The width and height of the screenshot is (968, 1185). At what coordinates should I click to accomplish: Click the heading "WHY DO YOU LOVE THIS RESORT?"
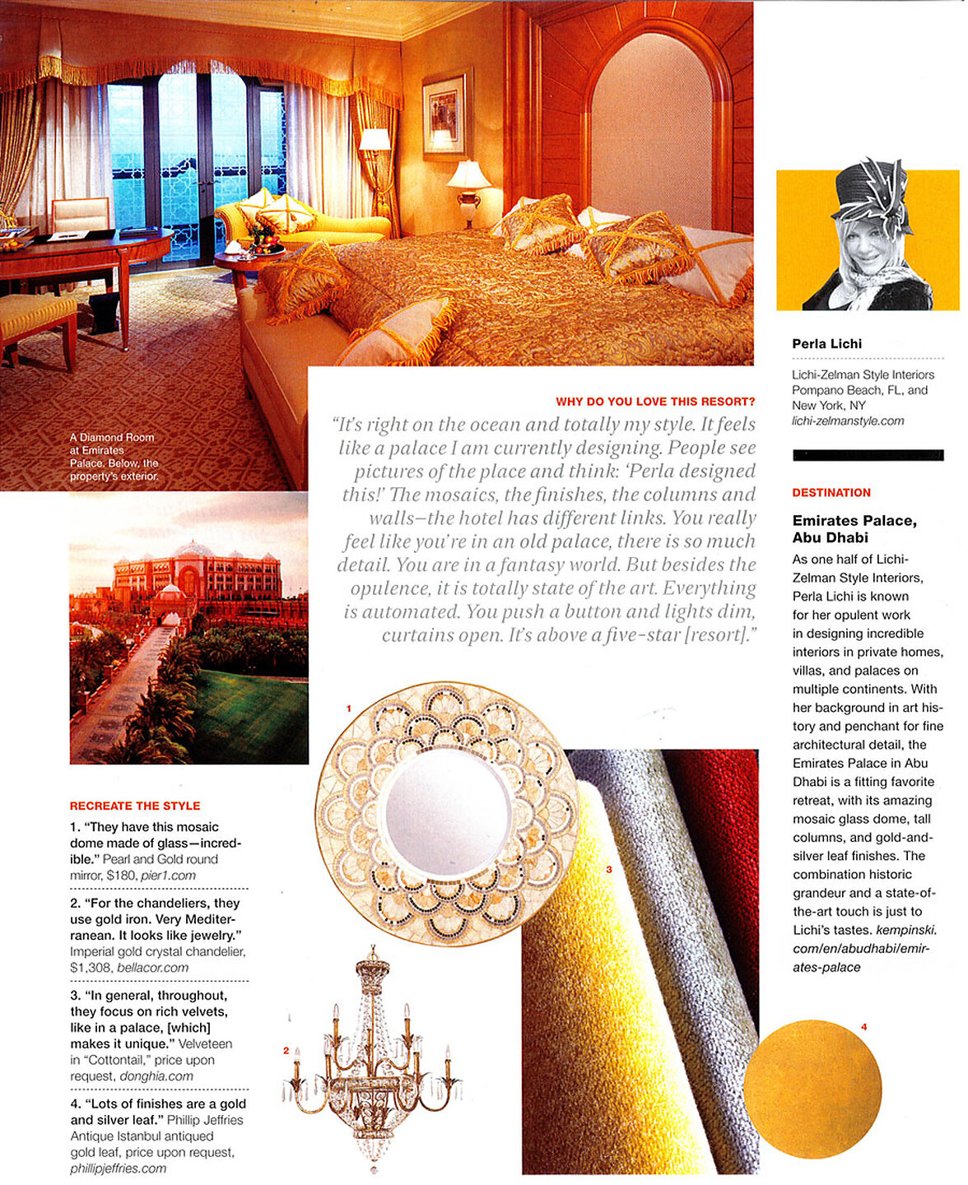(655, 402)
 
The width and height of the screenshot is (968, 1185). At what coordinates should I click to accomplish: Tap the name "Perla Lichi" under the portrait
(826, 344)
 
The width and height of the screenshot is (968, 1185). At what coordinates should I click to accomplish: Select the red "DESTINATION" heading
(831, 493)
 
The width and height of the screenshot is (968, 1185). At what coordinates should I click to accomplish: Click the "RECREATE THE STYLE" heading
(135, 806)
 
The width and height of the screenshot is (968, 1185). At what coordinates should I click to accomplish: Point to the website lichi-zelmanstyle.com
(847, 421)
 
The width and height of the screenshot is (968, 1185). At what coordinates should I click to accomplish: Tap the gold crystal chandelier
(372, 1061)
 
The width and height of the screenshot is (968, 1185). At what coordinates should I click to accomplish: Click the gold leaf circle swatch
(812, 1088)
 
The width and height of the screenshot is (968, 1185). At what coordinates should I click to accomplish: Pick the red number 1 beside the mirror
(348, 709)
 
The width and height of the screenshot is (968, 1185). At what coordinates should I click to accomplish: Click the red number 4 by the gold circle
(864, 1027)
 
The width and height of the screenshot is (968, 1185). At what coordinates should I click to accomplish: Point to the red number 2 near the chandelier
(286, 1050)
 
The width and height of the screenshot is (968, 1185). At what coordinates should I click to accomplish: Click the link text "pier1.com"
(168, 876)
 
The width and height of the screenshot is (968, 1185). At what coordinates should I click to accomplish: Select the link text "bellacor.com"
(152, 968)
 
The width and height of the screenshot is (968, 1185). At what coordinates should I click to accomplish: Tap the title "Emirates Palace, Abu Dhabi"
(854, 529)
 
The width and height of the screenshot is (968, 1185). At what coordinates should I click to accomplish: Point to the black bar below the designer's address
(868, 455)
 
